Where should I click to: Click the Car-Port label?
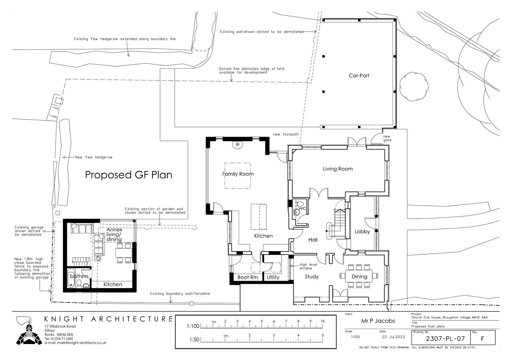click(x=359, y=76)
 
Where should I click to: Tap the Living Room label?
click(x=338, y=169)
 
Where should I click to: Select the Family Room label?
click(x=238, y=174)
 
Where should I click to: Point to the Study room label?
click(x=312, y=277)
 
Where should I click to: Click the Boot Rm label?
click(x=248, y=278)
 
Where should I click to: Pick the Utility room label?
click(x=273, y=278)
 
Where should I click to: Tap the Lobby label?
click(x=362, y=232)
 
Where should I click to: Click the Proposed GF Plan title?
click(x=128, y=175)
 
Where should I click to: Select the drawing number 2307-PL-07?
click(x=445, y=339)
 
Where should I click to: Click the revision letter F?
click(x=483, y=339)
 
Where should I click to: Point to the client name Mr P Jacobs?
click(x=378, y=321)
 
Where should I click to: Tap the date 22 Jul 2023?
click(x=393, y=337)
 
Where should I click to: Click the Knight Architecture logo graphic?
click(x=29, y=331)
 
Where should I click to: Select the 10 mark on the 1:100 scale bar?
click(x=323, y=321)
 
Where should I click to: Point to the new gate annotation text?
click(x=387, y=138)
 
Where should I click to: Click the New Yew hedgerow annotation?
click(x=94, y=157)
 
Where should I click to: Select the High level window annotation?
click(x=308, y=266)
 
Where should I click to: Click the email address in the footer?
click(x=76, y=343)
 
